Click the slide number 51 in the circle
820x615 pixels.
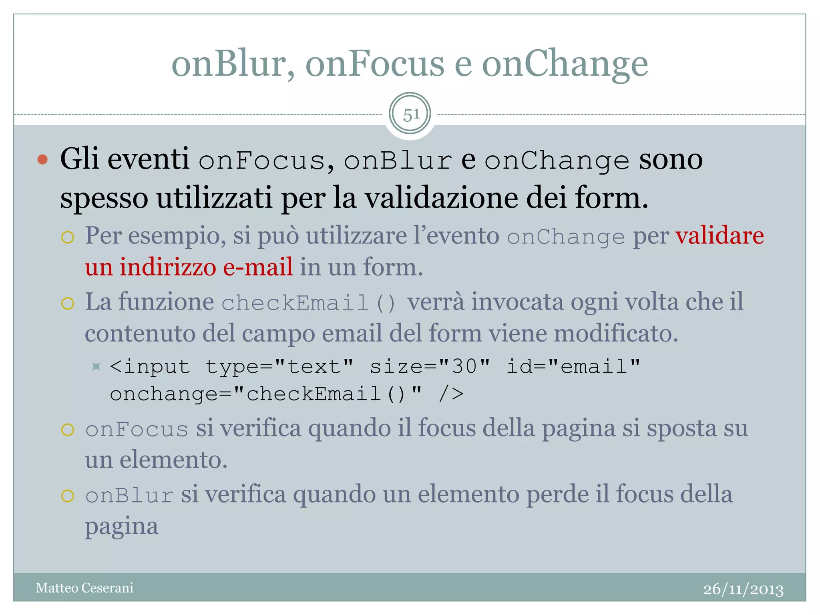point(410,115)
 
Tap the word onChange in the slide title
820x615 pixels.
point(565,64)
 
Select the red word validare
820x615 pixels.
point(720,235)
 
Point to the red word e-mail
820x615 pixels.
point(257,267)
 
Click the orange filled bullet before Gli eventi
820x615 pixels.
point(42,160)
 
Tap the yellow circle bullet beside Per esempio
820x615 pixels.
point(68,237)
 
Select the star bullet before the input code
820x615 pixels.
point(96,366)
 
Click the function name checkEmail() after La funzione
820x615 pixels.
point(308,302)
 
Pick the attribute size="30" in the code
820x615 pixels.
point(430,366)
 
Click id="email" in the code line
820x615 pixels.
point(573,366)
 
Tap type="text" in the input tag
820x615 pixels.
point(279,366)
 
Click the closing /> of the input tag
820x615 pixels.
point(451,394)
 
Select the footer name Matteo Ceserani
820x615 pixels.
point(84,588)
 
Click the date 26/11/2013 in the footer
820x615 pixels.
point(743,589)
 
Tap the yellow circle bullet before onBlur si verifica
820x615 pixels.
point(68,496)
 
